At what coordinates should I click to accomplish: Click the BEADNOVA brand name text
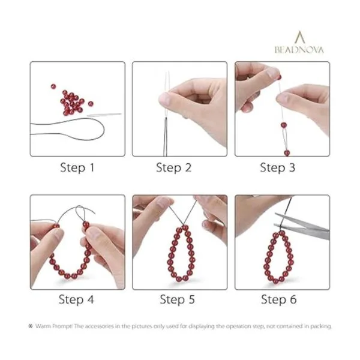point(299,50)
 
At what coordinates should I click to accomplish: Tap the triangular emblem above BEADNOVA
point(299,37)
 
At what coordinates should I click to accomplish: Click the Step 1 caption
point(77,168)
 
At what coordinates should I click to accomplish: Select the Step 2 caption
point(173,168)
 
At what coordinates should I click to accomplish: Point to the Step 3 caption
point(277,168)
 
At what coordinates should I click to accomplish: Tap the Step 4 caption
point(76,299)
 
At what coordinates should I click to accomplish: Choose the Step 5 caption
point(177,299)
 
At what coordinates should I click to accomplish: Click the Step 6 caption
point(279,299)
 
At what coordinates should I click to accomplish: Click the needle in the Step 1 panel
point(104,115)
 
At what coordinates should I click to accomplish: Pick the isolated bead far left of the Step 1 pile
point(53,86)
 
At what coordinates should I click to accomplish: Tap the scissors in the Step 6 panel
point(302,226)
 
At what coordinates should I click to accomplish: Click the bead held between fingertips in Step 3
point(280,77)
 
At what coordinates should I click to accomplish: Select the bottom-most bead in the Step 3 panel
point(287,152)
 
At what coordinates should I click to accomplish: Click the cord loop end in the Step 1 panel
point(103,130)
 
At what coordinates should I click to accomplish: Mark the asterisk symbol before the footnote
point(31,326)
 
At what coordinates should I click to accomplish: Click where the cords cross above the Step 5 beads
point(183,224)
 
